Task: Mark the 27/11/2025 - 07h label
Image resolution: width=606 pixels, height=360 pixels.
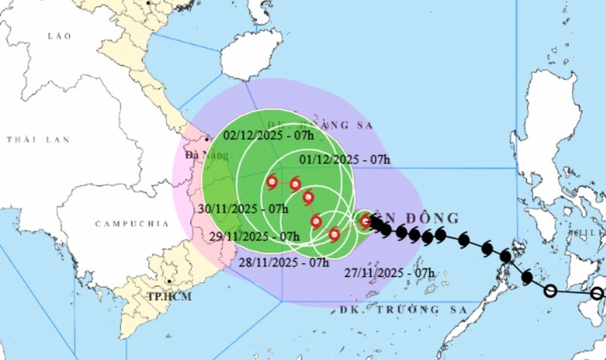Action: click(392, 271)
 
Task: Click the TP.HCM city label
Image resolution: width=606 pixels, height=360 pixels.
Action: click(164, 295)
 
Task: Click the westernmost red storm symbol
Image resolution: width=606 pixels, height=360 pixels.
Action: click(272, 181)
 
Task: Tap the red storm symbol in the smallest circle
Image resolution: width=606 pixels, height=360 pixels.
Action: click(365, 221)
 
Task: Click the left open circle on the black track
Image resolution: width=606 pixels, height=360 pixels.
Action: click(550, 290)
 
